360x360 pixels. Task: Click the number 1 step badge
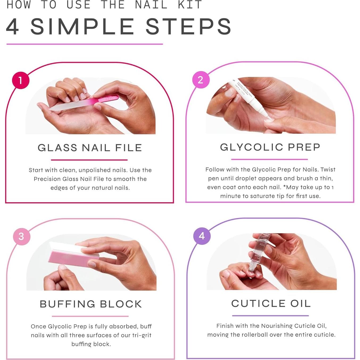point(20,80)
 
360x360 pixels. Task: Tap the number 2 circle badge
point(201,80)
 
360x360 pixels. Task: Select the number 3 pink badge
point(22,236)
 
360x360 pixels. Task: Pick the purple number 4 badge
point(202,236)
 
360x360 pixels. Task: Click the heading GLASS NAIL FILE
point(90,148)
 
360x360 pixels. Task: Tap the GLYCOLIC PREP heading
point(270,147)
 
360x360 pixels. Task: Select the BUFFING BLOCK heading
point(91,304)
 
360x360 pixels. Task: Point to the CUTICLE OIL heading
point(271,303)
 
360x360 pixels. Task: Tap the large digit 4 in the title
point(13,27)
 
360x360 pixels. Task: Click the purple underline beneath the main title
point(85,44)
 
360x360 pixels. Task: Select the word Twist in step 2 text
point(328,169)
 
